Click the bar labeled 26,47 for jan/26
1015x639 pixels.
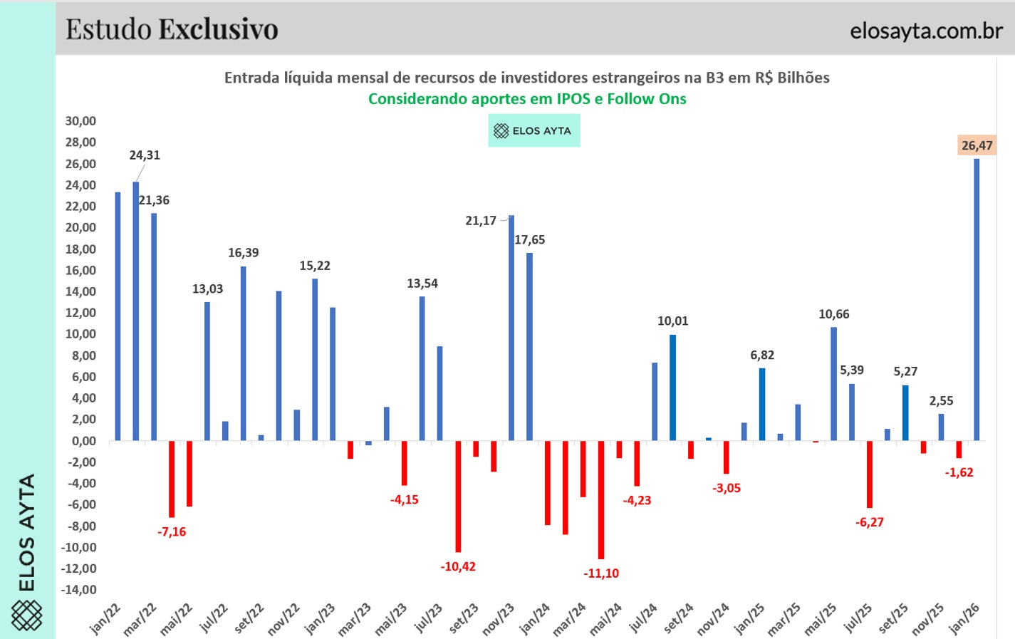(x=977, y=299)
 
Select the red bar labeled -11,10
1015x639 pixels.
(x=601, y=499)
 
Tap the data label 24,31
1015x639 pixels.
(x=145, y=155)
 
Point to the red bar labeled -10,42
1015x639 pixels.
(x=458, y=496)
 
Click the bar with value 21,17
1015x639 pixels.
(x=511, y=328)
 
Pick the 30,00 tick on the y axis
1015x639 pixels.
(x=80, y=121)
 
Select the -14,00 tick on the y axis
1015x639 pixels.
(x=79, y=590)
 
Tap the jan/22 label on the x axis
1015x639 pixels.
(x=105, y=618)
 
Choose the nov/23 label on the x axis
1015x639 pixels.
(x=499, y=618)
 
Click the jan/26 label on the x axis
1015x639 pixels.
(x=964, y=618)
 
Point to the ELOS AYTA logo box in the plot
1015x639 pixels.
(x=533, y=131)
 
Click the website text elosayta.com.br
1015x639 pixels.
(x=926, y=31)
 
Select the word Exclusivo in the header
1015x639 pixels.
(x=218, y=29)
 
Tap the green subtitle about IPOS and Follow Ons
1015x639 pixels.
(x=527, y=99)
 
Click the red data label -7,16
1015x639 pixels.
(x=172, y=532)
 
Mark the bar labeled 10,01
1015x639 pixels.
(x=672, y=388)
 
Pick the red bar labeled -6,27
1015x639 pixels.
(x=870, y=474)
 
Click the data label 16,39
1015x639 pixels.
(x=244, y=253)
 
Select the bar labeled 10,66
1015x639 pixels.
(x=833, y=384)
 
